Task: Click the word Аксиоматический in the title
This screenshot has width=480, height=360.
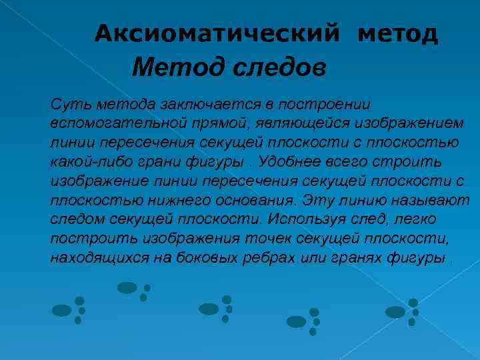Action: point(217,33)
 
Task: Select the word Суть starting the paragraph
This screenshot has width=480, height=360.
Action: point(70,105)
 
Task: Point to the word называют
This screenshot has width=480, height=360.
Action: point(430,201)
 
